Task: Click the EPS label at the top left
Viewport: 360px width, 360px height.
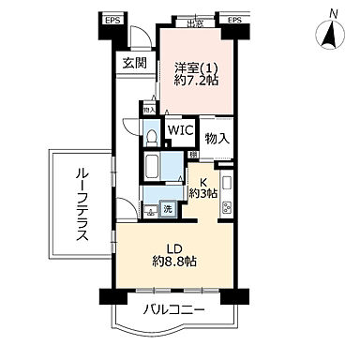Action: tap(111, 19)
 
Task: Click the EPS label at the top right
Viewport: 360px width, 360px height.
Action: tap(233, 19)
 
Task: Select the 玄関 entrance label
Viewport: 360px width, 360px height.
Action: tap(133, 63)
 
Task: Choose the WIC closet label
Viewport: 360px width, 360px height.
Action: tap(180, 131)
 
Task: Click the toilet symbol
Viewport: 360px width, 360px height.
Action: tap(151, 137)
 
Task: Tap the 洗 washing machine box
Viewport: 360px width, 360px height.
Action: tap(166, 209)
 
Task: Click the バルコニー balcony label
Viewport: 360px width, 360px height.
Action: tap(175, 308)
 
